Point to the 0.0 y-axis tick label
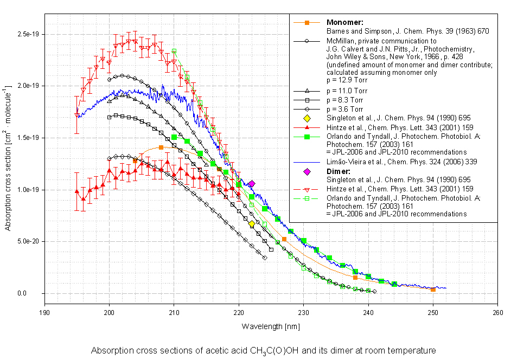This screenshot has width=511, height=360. [36, 293]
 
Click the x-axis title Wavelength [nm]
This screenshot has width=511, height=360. [271, 326]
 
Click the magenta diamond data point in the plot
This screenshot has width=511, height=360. [252, 184]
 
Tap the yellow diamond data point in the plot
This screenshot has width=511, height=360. [252, 223]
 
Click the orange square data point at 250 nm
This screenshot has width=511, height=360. [433, 290]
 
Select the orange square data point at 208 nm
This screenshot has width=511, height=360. [161, 147]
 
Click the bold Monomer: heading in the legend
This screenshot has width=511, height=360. [344, 22]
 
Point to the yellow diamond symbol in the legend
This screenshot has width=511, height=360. [307, 118]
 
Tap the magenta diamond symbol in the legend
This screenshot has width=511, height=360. [307, 172]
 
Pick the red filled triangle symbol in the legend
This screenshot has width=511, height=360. [307, 127]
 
